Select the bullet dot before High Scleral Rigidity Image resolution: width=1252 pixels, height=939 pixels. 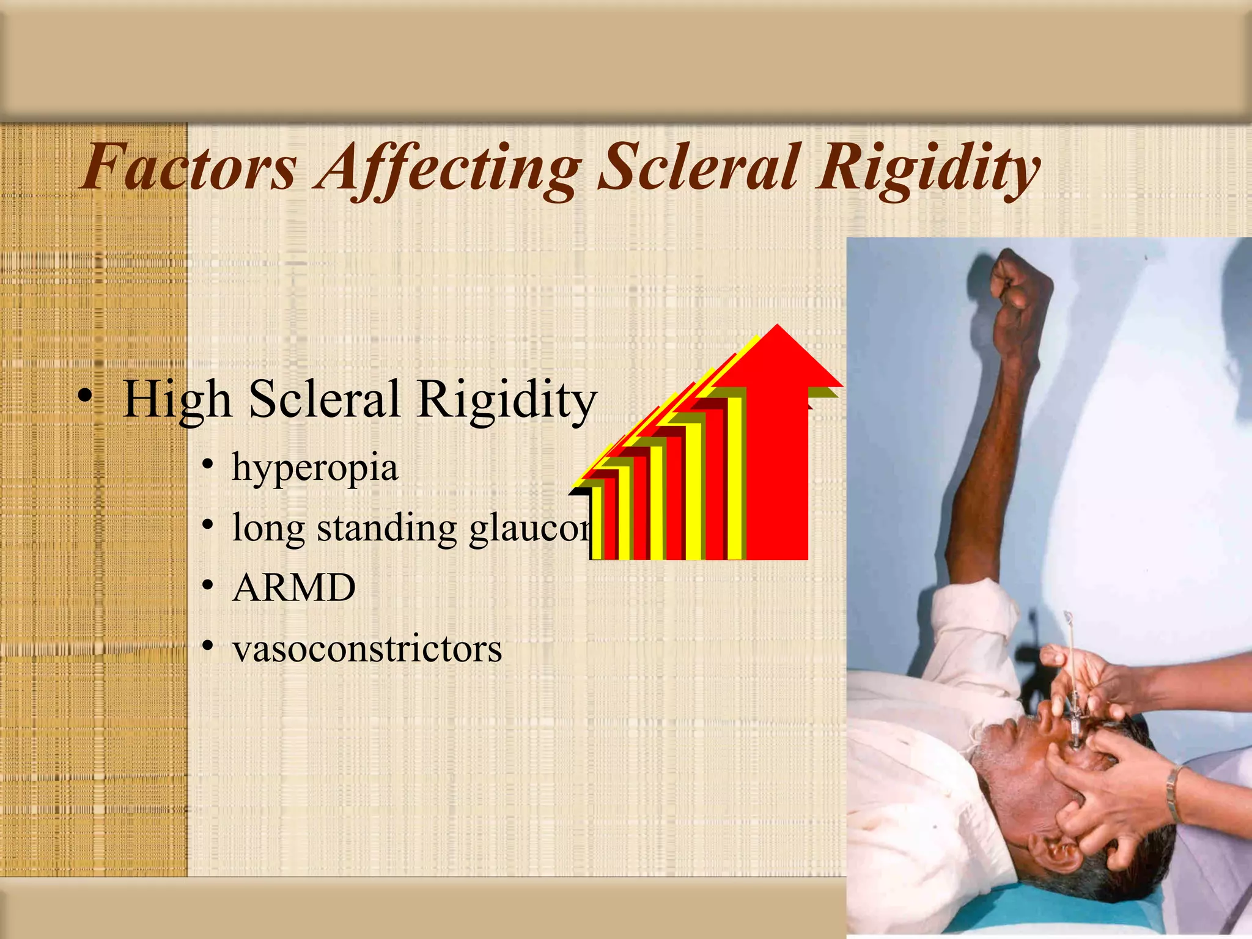[x=85, y=397]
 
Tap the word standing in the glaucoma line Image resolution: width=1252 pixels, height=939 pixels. [x=386, y=528]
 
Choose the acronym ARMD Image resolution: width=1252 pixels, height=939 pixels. [x=293, y=588]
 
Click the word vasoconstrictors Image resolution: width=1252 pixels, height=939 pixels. [x=367, y=649]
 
